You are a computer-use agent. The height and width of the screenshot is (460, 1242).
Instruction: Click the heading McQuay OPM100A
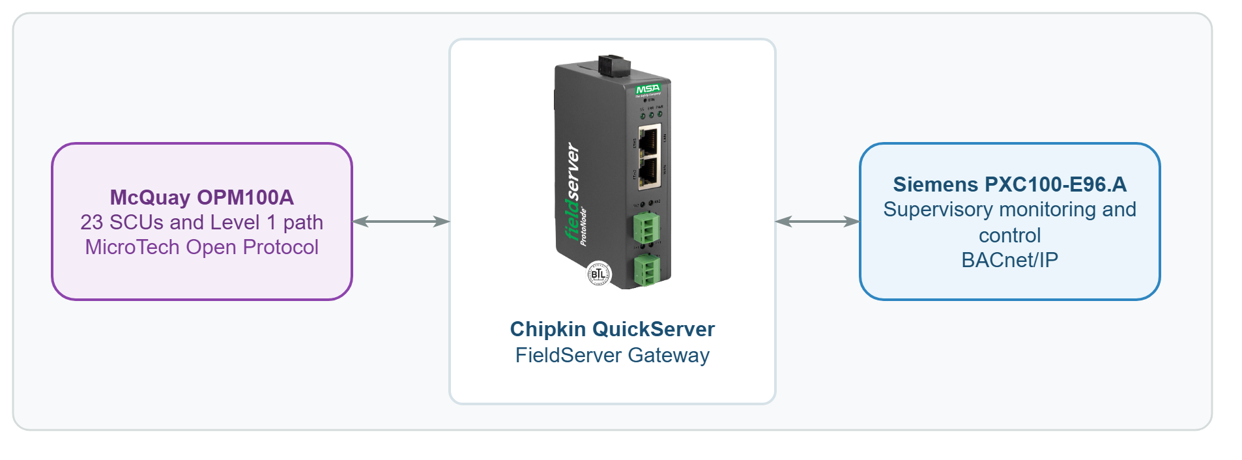click(201, 197)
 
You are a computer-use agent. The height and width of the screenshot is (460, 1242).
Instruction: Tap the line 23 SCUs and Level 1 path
click(201, 222)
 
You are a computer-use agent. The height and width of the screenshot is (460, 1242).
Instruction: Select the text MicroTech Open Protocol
click(201, 247)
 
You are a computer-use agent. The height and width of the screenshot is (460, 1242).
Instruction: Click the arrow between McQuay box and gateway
click(401, 222)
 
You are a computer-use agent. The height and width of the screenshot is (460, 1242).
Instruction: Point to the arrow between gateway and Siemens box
click(817, 222)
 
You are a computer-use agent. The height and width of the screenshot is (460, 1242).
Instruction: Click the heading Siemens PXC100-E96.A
click(1009, 184)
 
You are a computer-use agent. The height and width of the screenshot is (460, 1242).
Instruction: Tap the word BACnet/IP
click(1009, 260)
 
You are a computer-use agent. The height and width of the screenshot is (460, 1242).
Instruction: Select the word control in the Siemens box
click(1009, 235)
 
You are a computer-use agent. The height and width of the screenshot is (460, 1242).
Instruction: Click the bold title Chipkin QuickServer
click(612, 329)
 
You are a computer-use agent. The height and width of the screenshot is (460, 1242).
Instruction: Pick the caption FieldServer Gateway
click(612, 355)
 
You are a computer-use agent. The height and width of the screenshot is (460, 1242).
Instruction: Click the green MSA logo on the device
click(648, 89)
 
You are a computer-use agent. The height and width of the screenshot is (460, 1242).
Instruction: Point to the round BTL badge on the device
click(598, 274)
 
